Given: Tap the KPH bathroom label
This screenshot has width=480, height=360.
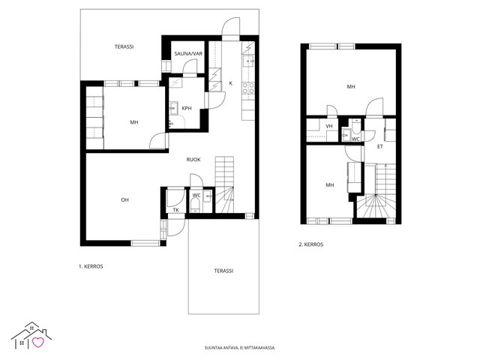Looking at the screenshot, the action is click(x=187, y=108).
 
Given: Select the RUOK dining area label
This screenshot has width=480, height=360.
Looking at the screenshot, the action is click(x=193, y=160).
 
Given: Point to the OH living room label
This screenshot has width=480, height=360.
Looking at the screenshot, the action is click(x=124, y=200).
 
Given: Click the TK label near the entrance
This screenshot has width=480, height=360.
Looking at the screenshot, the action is click(x=175, y=210).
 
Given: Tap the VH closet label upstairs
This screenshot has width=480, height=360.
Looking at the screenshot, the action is click(x=329, y=126).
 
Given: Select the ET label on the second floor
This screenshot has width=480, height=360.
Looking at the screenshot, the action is click(x=380, y=147).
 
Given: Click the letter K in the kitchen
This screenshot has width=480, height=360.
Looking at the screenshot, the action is click(x=231, y=83).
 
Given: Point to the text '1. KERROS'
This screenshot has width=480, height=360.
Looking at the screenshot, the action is click(x=91, y=266).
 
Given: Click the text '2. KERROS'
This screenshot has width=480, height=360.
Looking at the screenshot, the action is click(x=311, y=244).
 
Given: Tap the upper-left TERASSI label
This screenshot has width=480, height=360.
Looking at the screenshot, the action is click(x=124, y=46).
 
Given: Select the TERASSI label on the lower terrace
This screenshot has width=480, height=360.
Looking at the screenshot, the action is click(x=223, y=271).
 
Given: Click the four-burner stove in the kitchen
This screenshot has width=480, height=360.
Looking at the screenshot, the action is click(x=248, y=88).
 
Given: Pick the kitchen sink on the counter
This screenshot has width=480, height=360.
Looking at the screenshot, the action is click(x=248, y=61).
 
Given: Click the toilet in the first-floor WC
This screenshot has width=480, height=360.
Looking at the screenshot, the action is click(x=195, y=205).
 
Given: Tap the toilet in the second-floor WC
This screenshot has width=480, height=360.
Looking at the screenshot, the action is click(x=355, y=126).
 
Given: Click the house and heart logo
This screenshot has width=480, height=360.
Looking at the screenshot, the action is click(x=31, y=335).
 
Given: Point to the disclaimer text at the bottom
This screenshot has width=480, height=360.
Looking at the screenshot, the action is click(x=240, y=348).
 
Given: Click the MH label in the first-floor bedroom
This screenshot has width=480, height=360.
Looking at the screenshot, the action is click(x=134, y=122).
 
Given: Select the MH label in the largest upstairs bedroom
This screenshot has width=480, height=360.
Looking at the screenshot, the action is click(x=351, y=87).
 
